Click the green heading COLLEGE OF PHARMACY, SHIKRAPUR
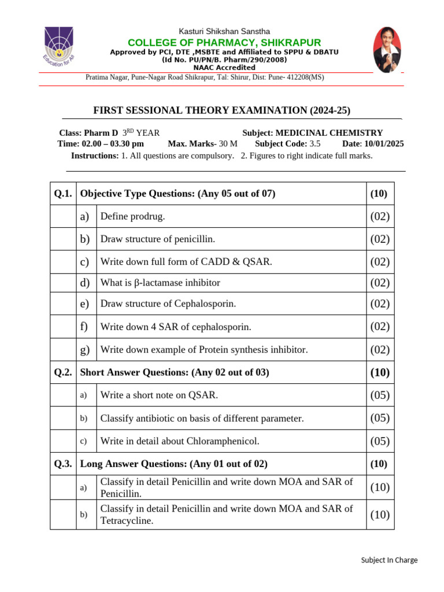pos(224,43)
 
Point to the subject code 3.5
pos(314,144)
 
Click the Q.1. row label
pos(63,194)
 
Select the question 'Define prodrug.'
pos(132,216)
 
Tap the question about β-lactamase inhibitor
pos(160,283)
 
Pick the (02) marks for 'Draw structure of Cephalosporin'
pos(380,304)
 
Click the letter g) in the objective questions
pos(85,349)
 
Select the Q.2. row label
pos(63,372)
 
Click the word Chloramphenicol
pos(223,441)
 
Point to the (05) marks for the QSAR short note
pos(380,395)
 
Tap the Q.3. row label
pos(63,464)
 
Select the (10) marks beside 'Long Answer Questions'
pos(379,464)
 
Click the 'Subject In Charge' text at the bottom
pos(389,560)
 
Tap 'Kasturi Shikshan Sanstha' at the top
pos(224,31)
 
